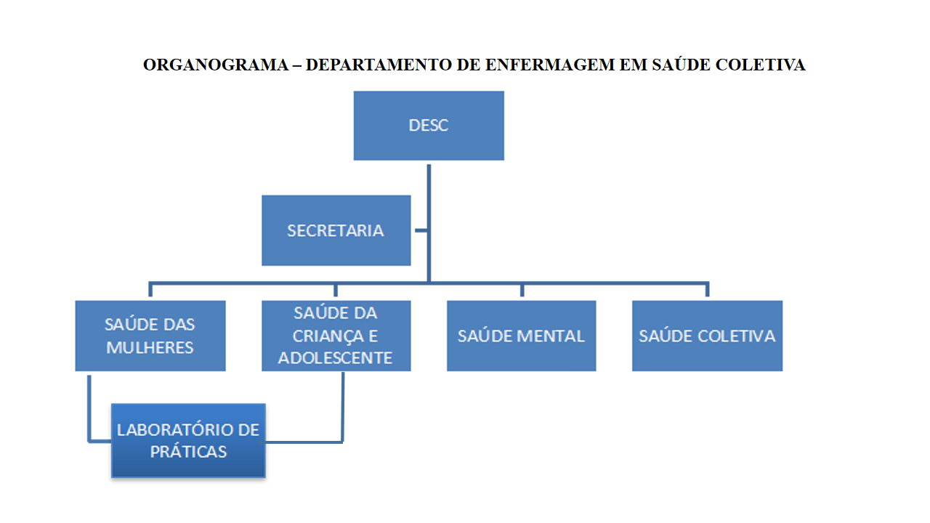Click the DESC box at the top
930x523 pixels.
[x=429, y=125]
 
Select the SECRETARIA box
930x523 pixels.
[x=336, y=230]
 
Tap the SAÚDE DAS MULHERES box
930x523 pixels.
[x=150, y=336]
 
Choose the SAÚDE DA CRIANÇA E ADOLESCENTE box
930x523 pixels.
[x=336, y=336]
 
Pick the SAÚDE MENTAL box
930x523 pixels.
[x=521, y=336]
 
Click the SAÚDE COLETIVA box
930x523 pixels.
[x=707, y=336]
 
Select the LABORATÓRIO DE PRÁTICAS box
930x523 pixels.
[x=188, y=440]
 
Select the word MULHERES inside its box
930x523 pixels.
[x=150, y=347]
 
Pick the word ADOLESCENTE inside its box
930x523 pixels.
[x=336, y=357]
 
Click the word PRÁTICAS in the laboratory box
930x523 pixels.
[x=188, y=451]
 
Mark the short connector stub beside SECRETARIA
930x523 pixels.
[x=420, y=231]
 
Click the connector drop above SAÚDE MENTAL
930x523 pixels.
[x=522, y=290]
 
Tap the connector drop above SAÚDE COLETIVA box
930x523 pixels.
[x=707, y=290]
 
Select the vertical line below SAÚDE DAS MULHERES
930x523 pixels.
[x=89, y=407]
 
